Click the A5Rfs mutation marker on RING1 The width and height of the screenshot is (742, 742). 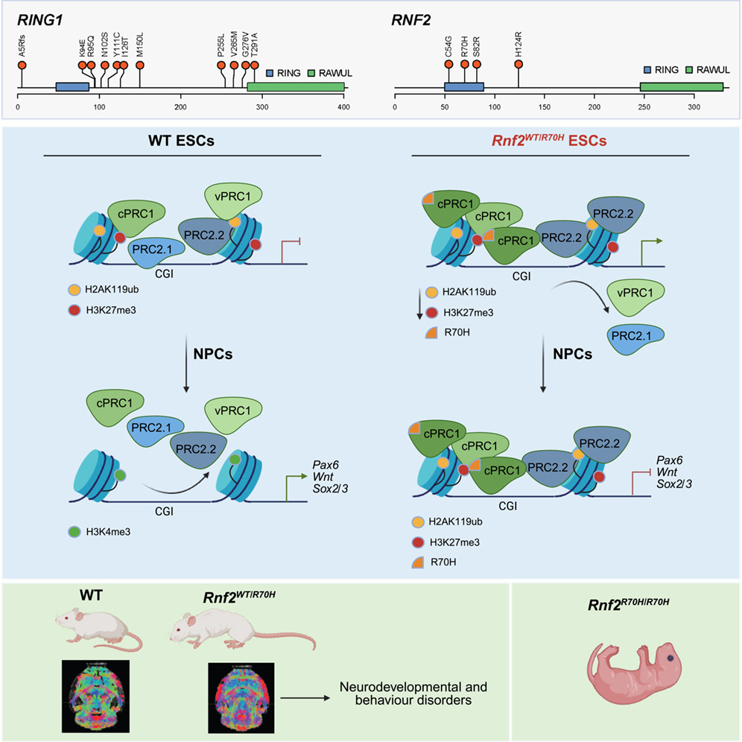coord(22,66)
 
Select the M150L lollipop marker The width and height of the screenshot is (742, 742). coord(139,66)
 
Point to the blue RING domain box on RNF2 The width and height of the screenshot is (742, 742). coord(464,88)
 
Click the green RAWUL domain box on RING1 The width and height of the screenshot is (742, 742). coord(295,88)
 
